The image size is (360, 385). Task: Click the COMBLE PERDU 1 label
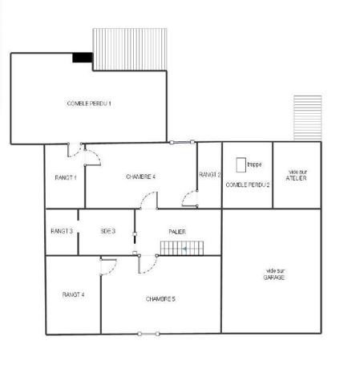coord(88,103)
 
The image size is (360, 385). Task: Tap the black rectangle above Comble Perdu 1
coord(82,57)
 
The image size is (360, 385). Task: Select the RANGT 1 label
coord(64,176)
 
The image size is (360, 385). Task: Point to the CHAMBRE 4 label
coord(140,176)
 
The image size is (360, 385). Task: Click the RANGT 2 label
coord(209,174)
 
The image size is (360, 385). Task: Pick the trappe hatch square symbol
coord(241,164)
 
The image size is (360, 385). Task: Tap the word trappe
coord(254,164)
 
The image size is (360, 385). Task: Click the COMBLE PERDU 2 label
coord(247,184)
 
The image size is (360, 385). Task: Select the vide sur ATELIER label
coord(297,175)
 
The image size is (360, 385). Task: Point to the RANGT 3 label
coord(62,231)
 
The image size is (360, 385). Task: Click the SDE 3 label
coord(107,231)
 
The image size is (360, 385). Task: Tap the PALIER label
coord(177,231)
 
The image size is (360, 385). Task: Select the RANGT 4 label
coord(73,295)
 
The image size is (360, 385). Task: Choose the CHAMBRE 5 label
coord(160,298)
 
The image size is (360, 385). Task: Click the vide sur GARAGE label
coord(275,274)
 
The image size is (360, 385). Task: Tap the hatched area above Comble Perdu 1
coord(130,48)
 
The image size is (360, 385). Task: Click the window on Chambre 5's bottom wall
coord(148,333)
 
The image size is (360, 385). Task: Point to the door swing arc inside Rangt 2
coord(189,196)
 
